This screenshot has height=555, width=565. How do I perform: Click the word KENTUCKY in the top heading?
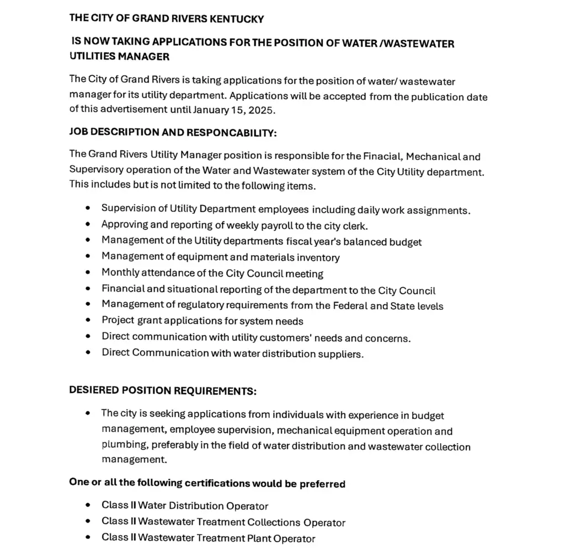pos(236,19)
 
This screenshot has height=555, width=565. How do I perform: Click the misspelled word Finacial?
pos(382,157)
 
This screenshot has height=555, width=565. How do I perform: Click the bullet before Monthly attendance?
pos(88,273)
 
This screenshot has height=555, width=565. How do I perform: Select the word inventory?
pos(318,257)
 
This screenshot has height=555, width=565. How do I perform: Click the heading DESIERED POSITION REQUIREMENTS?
pos(163,390)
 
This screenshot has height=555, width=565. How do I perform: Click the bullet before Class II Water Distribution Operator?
pos(88,505)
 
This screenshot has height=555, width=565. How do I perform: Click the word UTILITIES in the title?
pos(92,56)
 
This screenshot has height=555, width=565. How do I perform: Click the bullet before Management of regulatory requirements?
pos(88,305)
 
